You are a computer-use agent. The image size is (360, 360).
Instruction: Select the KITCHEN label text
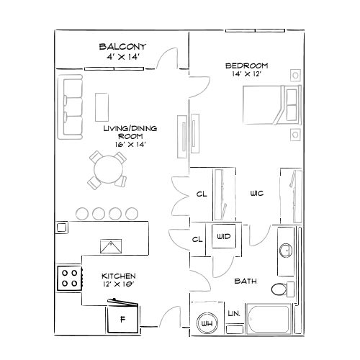click(119, 276)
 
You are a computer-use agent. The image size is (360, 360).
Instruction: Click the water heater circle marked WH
click(207, 323)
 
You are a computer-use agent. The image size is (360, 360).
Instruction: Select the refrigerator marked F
click(122, 317)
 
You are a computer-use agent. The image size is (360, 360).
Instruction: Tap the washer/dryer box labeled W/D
click(222, 235)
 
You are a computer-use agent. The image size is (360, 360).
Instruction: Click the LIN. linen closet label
click(233, 314)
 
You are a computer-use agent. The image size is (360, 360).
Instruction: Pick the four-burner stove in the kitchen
click(69, 278)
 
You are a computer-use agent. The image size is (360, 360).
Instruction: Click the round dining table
click(107, 171)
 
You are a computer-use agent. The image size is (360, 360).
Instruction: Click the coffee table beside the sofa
click(102, 107)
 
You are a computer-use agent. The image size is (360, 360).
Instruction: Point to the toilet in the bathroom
click(280, 289)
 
